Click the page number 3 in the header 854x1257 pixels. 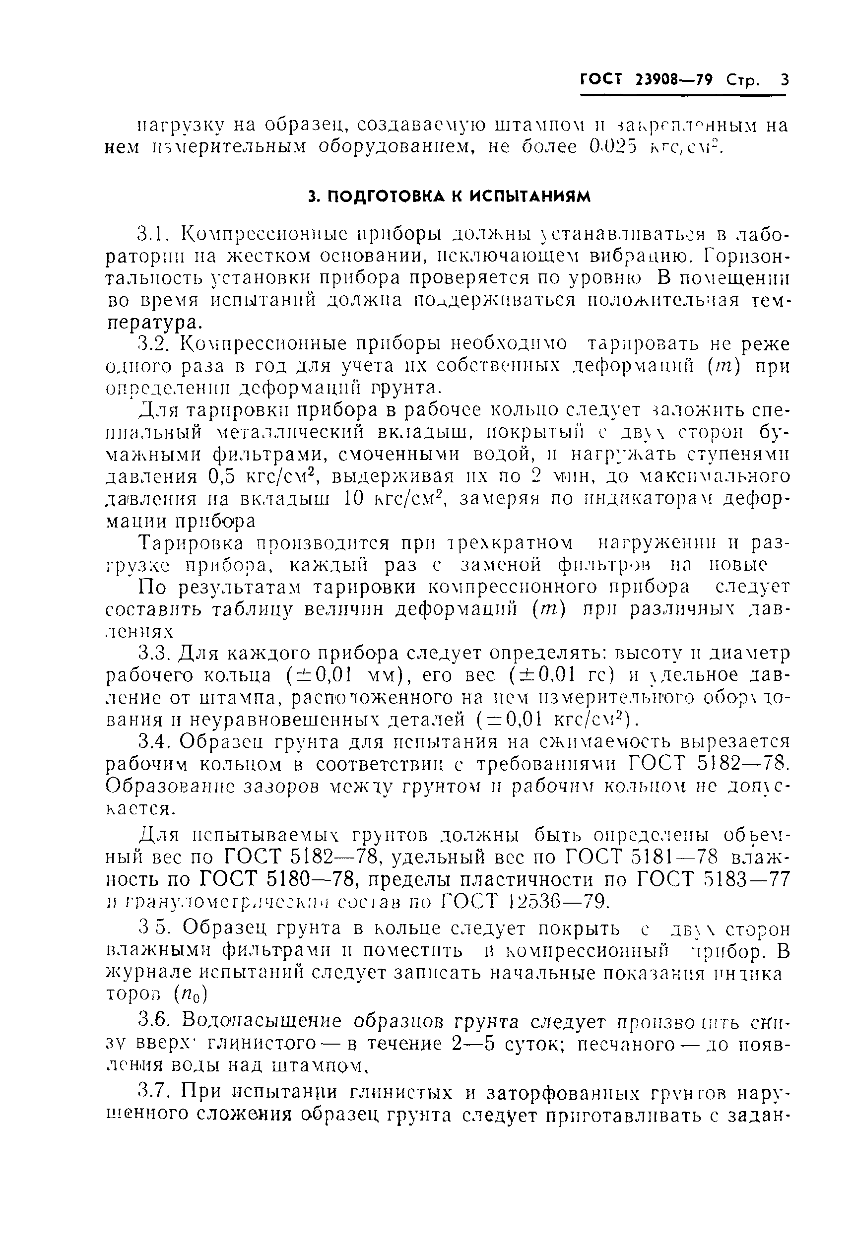(784, 80)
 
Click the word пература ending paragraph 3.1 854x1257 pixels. (151, 323)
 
